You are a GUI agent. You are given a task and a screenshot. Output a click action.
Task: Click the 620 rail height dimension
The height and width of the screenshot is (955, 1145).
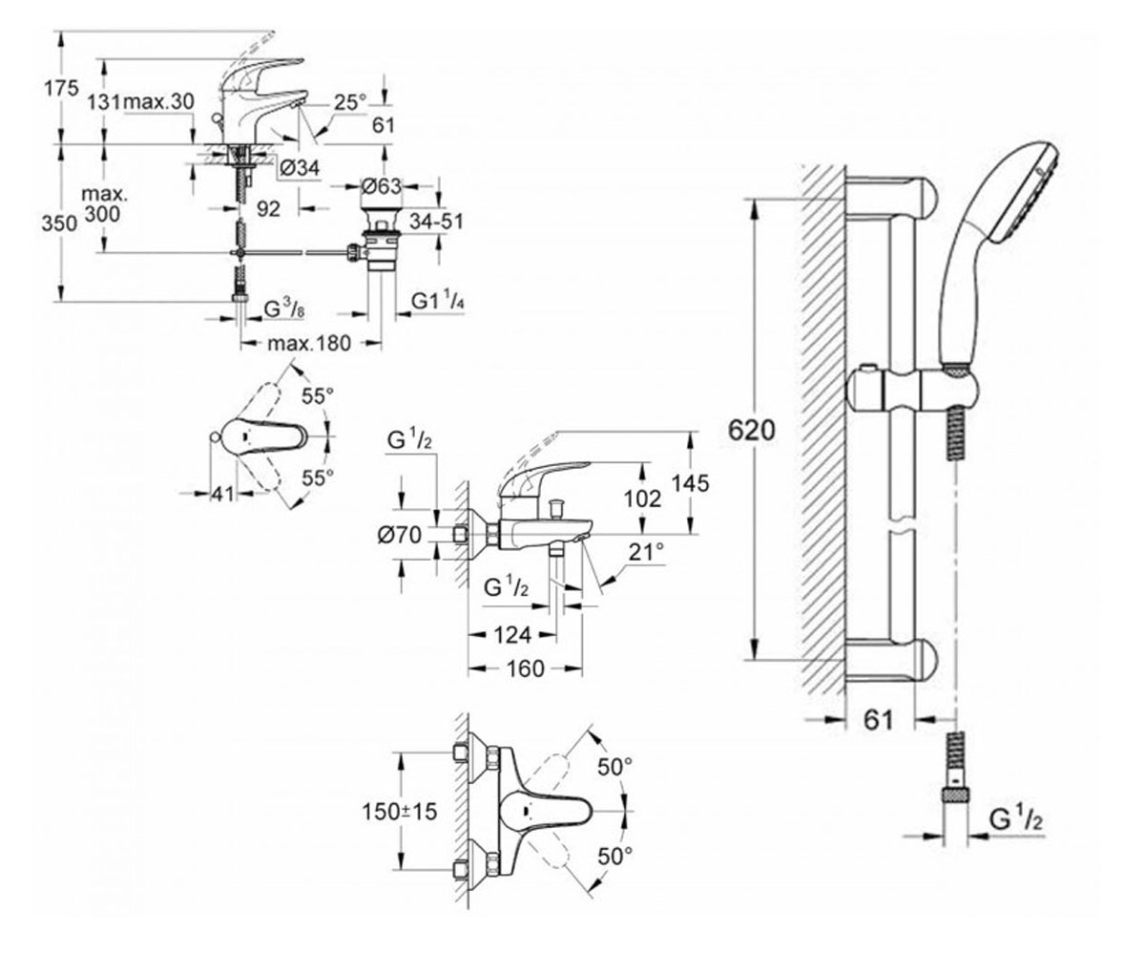pos(751,431)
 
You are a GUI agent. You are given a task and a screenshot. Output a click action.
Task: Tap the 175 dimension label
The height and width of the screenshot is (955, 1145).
pos(62,88)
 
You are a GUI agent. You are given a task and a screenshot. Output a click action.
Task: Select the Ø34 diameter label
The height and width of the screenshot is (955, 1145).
pos(300,168)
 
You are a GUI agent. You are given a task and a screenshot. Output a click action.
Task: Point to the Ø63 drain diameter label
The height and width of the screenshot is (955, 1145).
pos(382,186)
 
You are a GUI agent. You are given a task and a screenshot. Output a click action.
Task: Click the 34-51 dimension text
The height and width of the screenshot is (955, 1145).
pos(436,222)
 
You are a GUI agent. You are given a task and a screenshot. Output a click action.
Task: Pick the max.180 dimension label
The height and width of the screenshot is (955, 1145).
pos(309,344)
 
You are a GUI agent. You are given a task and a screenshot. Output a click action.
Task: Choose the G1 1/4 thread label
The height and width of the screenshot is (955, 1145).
pos(439,302)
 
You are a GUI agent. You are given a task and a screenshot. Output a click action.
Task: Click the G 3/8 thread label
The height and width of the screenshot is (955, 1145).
pos(284,309)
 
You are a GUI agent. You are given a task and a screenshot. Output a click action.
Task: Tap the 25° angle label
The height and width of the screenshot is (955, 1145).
pos(350,102)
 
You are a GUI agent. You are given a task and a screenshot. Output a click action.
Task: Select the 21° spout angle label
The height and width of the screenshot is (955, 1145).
pos(647,552)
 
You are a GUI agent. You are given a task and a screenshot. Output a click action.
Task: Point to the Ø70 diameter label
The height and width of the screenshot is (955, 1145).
pos(400,535)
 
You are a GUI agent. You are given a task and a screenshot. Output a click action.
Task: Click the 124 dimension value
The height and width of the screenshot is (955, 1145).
pos(512,636)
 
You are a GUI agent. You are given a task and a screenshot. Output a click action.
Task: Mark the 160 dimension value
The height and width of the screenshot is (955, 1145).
pos(525,669)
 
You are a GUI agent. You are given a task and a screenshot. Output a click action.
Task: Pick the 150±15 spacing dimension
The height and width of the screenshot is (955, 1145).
pos(399,811)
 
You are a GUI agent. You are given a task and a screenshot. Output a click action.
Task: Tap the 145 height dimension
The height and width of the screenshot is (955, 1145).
pos(691,483)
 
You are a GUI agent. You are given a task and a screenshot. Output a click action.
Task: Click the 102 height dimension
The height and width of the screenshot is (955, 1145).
pos(643,499)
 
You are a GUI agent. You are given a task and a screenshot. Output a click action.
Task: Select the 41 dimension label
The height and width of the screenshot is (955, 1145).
pos(222,494)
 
